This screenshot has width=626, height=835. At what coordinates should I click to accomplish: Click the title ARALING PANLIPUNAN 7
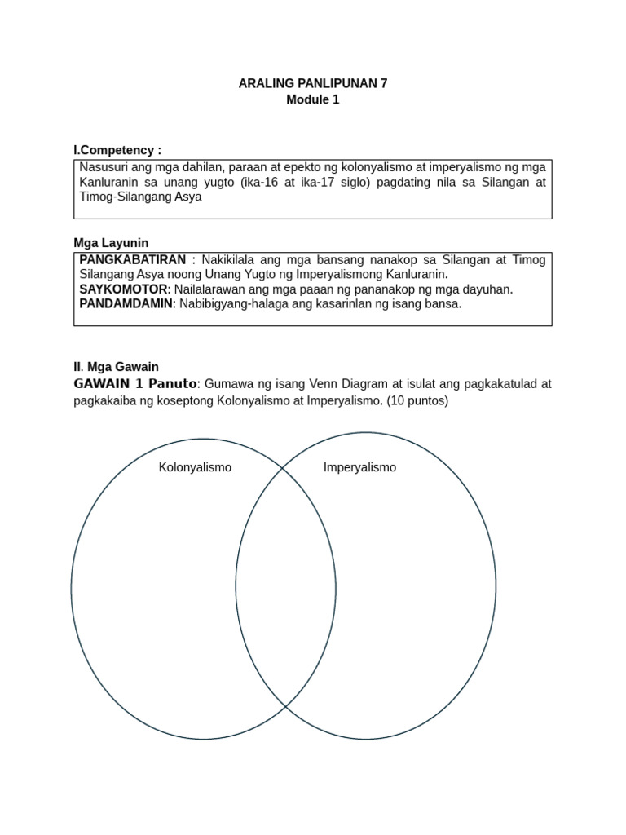(x=312, y=83)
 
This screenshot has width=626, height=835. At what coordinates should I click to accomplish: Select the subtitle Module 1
(x=312, y=99)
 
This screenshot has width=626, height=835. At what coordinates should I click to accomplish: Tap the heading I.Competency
(x=117, y=150)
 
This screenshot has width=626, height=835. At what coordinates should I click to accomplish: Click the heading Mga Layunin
(x=111, y=242)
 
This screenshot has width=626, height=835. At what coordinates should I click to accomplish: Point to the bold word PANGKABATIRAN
(x=133, y=258)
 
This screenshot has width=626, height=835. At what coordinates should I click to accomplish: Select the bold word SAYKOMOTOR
(x=123, y=289)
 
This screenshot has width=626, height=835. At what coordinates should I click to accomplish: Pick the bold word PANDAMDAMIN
(x=127, y=304)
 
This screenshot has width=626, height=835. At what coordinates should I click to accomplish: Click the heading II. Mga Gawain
(x=121, y=368)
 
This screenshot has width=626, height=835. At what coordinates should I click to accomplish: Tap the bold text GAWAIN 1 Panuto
(x=135, y=383)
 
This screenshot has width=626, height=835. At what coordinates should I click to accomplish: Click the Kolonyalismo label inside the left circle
(x=195, y=467)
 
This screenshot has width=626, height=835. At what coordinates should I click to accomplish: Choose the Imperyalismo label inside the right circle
(x=359, y=467)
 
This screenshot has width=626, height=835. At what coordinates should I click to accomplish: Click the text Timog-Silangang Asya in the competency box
(x=140, y=197)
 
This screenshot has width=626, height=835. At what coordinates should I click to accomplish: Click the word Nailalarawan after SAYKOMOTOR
(x=210, y=289)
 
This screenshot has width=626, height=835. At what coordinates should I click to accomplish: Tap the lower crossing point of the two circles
(x=286, y=705)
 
